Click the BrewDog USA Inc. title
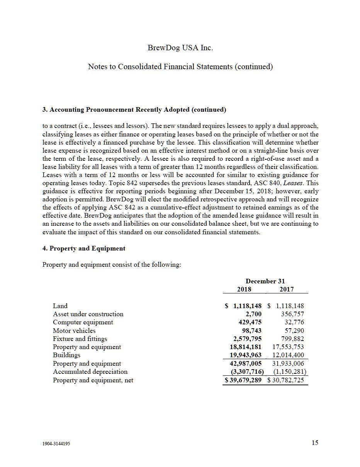(180, 48)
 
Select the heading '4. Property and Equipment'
(84, 249)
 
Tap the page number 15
(315, 443)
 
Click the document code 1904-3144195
(56, 444)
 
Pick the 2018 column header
(244, 289)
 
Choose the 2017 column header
(286, 289)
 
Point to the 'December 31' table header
(265, 281)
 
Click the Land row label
(60, 306)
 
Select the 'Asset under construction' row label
(88, 314)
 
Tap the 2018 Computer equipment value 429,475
(250, 322)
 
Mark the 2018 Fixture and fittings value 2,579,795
(245, 339)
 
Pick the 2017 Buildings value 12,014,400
(288, 355)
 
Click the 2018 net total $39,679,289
(243, 380)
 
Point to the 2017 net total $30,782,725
(286, 380)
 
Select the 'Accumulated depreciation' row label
(90, 372)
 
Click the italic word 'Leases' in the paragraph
(294, 183)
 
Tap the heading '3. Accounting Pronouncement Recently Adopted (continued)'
(134, 110)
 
